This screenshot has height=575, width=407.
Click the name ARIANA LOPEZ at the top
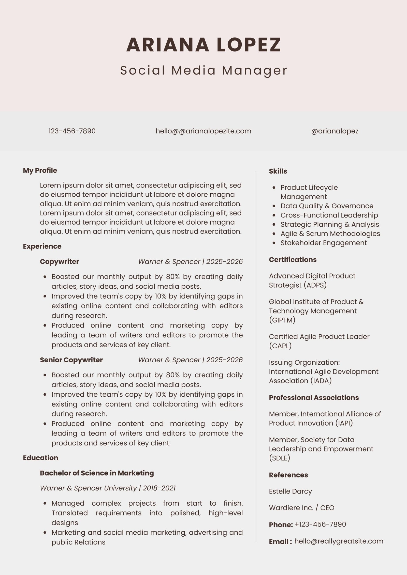pyautogui.click(x=203, y=45)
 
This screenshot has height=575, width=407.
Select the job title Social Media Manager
pyautogui.click(x=203, y=70)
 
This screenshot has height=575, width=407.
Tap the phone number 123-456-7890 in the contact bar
pyautogui.click(x=72, y=131)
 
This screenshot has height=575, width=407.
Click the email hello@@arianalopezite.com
pyautogui.click(x=203, y=131)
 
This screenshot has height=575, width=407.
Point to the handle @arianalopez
pyautogui.click(x=335, y=131)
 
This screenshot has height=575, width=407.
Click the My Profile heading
pyautogui.click(x=40, y=170)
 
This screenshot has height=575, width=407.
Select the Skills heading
pyautogui.click(x=278, y=171)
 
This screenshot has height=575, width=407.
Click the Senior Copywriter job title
pyautogui.click(x=71, y=360)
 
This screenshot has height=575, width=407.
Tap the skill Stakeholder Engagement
pyautogui.click(x=324, y=243)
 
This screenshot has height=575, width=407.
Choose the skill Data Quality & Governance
pyautogui.click(x=327, y=206)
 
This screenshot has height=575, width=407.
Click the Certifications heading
pyautogui.click(x=293, y=260)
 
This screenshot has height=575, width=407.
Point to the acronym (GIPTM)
pyautogui.click(x=282, y=320)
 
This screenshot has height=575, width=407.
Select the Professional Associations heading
pyautogui.click(x=314, y=398)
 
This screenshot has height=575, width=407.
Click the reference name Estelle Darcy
pyautogui.click(x=290, y=491)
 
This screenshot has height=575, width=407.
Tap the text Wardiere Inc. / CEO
pyautogui.click(x=301, y=508)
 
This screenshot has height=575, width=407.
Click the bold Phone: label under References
pyautogui.click(x=281, y=525)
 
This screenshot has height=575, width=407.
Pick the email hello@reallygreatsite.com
pyautogui.click(x=339, y=541)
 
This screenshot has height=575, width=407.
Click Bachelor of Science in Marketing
pyautogui.click(x=97, y=473)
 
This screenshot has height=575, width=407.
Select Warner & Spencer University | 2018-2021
pyautogui.click(x=108, y=488)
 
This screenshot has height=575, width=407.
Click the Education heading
pyautogui.click(x=40, y=458)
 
